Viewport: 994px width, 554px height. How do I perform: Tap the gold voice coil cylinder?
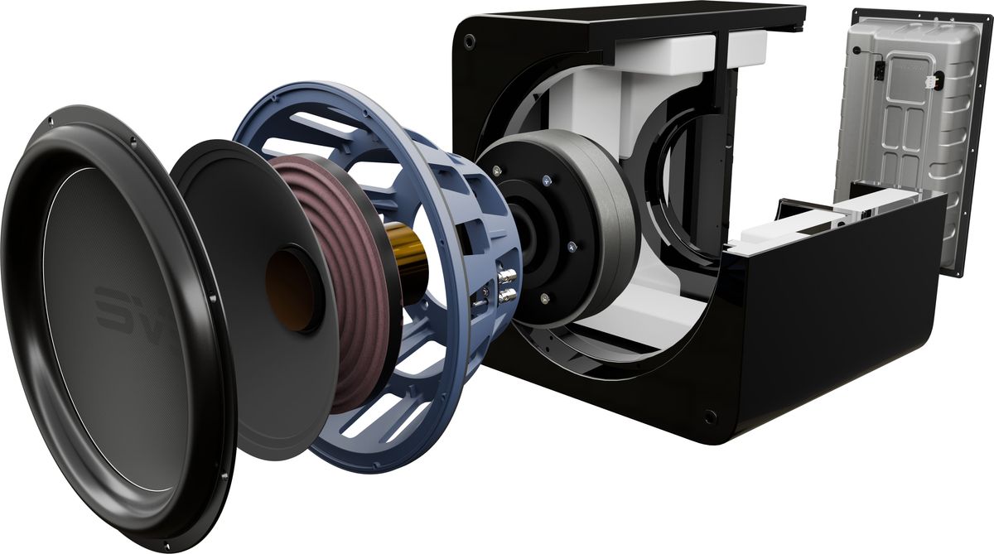click(x=408, y=256)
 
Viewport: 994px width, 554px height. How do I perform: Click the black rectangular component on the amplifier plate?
click(x=879, y=70)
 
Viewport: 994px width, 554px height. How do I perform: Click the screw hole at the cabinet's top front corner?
click(x=470, y=41)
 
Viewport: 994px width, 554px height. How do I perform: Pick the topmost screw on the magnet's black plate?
click(x=548, y=179)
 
